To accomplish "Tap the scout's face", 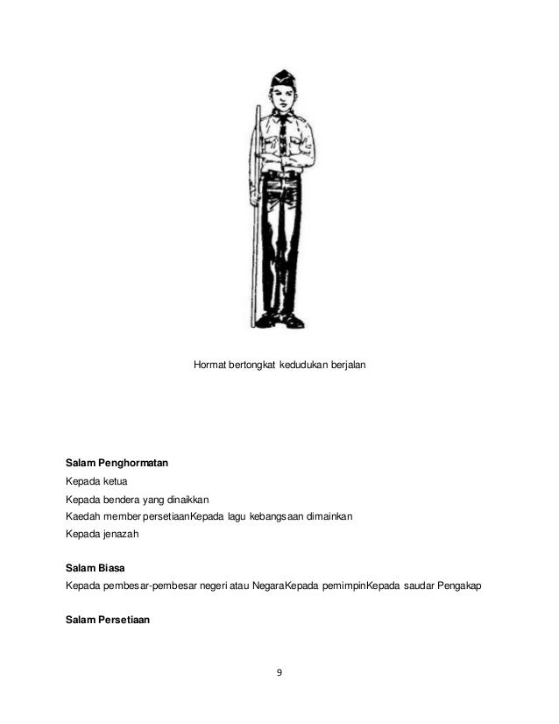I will point(282,97).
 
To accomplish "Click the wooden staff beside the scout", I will point(257,210).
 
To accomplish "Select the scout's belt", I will point(281,176).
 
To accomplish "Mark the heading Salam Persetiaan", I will point(108,620).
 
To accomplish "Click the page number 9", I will point(279,673).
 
